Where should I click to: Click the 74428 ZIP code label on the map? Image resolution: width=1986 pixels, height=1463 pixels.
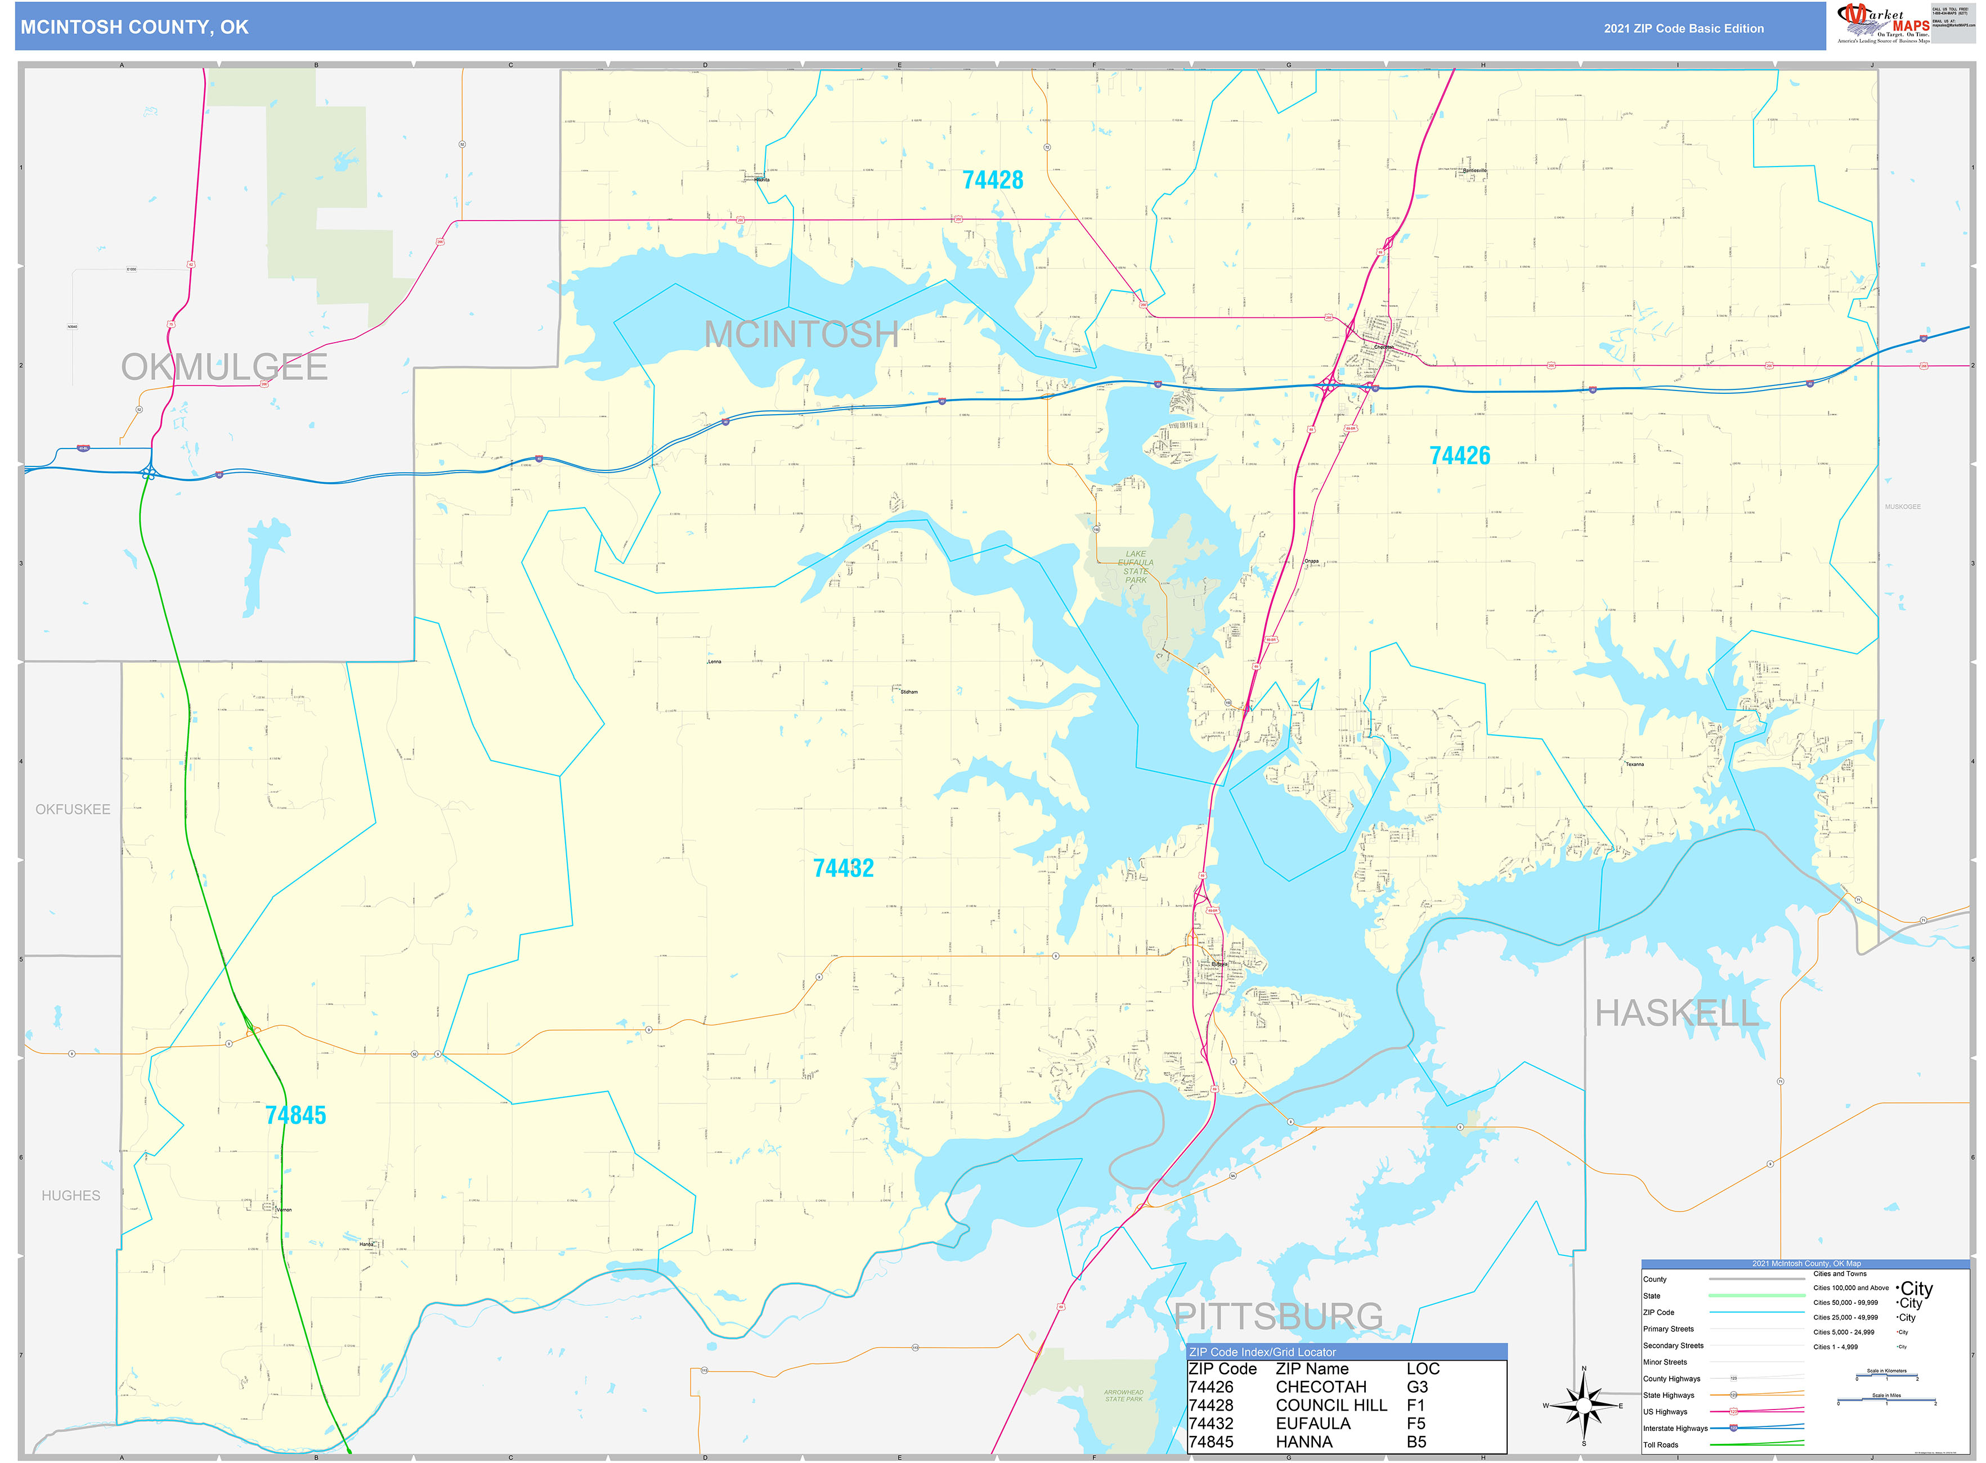click(992, 179)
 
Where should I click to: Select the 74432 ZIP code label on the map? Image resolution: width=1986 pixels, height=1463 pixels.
click(842, 868)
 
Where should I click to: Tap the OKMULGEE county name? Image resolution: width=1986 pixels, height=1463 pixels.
click(224, 367)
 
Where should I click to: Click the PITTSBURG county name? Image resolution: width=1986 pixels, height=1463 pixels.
click(1277, 1316)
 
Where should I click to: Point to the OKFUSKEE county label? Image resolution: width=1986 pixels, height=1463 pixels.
click(73, 809)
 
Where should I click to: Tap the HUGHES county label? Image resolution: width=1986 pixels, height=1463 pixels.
click(71, 1196)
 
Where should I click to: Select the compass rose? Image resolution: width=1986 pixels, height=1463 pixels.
click(1584, 1406)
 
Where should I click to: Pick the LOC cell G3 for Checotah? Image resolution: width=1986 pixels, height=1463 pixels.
click(1416, 1387)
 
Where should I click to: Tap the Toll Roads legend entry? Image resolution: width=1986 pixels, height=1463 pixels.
click(1660, 1444)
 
